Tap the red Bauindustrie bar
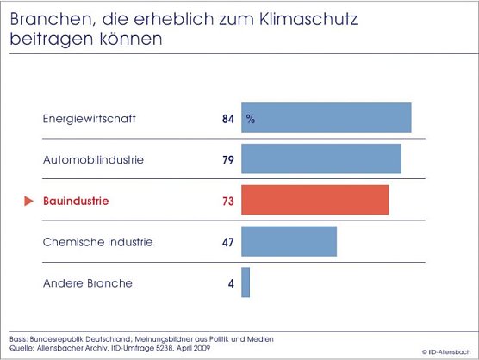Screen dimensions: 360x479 tap(314, 201)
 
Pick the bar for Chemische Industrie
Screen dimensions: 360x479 tap(289, 242)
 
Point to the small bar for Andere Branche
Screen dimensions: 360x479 tap(246, 282)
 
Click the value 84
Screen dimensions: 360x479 tap(227, 119)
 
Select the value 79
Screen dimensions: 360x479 tap(227, 160)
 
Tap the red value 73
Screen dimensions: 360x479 tap(227, 202)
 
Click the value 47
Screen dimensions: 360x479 tap(227, 242)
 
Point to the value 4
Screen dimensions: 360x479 tap(231, 283)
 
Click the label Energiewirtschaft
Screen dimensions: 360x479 tap(90, 119)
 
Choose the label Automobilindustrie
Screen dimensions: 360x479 tap(93, 160)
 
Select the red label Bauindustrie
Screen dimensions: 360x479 tap(77, 202)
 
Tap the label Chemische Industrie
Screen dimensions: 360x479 tap(97, 242)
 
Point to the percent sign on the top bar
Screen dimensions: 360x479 tap(251, 119)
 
